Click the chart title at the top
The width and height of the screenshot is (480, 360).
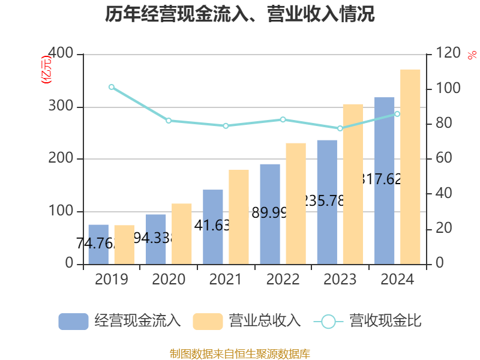click(240, 14)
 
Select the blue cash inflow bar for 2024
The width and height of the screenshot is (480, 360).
click(385, 180)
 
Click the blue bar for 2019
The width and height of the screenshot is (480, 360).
click(98, 244)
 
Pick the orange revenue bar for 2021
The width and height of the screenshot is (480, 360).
click(239, 217)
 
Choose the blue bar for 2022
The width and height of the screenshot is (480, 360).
click(270, 214)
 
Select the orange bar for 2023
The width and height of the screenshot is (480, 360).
click(353, 184)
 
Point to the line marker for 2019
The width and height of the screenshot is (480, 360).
click(112, 87)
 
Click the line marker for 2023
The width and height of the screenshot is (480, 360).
click(340, 128)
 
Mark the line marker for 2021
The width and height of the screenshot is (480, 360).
click(226, 126)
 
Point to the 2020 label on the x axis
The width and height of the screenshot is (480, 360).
click(169, 280)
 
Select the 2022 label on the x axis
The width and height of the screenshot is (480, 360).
click(283, 280)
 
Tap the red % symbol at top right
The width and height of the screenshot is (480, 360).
click(472, 55)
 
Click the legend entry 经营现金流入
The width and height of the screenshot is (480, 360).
click(119, 321)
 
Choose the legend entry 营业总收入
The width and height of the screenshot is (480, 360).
click(247, 321)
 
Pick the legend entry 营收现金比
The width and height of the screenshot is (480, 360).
click(368, 321)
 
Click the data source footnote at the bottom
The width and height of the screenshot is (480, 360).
click(240, 353)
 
